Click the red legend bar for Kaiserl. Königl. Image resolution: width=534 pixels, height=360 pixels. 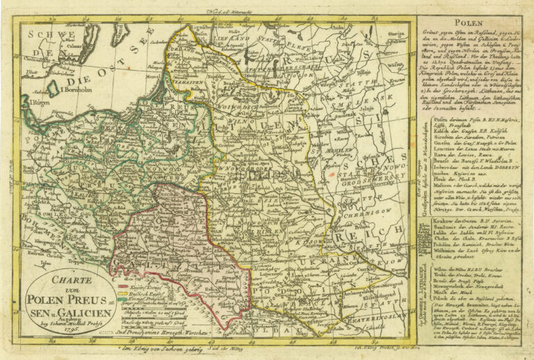click(123, 286)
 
